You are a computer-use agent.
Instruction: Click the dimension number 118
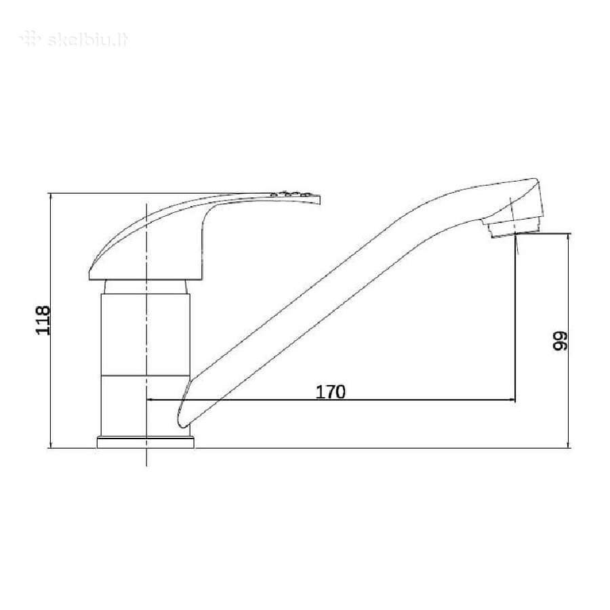(x=43, y=320)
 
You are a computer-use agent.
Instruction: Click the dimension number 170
(x=330, y=392)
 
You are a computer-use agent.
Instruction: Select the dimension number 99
(x=561, y=341)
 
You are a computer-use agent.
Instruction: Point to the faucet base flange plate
(x=146, y=443)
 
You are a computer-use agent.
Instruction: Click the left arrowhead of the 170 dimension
(x=149, y=399)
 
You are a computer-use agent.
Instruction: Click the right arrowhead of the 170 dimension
(x=512, y=399)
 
